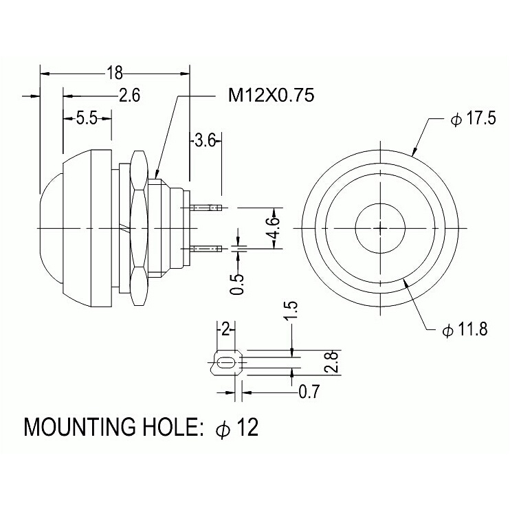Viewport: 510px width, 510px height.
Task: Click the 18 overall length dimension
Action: point(115,73)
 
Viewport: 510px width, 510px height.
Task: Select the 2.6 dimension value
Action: point(129,96)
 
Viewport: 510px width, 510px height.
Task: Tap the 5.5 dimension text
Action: point(87,118)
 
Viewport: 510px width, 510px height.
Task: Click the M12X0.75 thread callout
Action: point(271,96)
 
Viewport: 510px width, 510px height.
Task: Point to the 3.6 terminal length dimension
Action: point(205,141)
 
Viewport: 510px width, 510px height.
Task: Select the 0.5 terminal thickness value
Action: point(237,285)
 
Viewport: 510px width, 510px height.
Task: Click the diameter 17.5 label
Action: point(473,118)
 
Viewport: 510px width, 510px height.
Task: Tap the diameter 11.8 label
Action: point(465,330)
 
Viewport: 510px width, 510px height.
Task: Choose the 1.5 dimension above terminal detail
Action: point(291,311)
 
